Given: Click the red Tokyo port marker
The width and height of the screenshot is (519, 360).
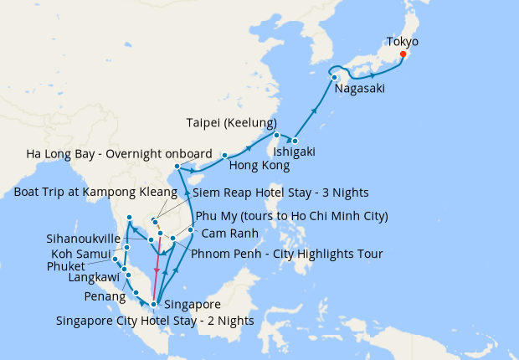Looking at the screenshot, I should [x=403, y=54].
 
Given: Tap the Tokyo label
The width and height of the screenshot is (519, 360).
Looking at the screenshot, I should [x=402, y=41].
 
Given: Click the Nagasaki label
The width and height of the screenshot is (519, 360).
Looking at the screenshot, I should [x=360, y=90].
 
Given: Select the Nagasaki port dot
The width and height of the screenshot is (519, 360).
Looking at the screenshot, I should [x=334, y=78].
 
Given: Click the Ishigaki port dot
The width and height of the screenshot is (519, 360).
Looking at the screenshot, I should [x=295, y=139].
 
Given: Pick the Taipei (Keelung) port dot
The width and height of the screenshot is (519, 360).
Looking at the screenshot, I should [x=276, y=135].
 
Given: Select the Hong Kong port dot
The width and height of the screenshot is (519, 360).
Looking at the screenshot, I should [x=224, y=156].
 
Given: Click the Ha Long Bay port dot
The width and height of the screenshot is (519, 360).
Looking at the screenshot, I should [x=177, y=167].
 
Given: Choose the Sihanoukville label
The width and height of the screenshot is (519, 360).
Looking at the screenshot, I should [x=84, y=238].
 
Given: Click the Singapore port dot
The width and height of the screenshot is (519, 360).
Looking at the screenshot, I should [x=153, y=304].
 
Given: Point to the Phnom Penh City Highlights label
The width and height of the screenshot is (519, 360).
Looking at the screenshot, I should [x=287, y=254].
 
